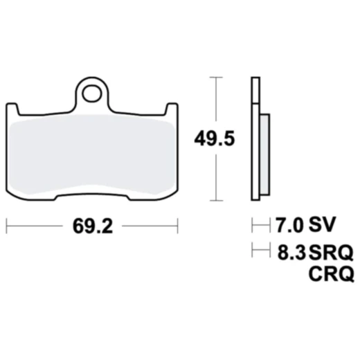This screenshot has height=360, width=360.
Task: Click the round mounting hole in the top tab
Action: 92,90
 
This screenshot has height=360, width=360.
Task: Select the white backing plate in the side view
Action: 255,138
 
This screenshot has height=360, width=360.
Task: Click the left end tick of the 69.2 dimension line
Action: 6,226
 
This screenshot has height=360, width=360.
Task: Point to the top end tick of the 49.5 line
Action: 219,77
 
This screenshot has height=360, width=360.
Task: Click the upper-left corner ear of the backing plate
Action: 11,109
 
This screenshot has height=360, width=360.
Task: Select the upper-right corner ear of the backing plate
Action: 172,109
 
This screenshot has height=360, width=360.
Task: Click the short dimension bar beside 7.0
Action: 260,226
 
